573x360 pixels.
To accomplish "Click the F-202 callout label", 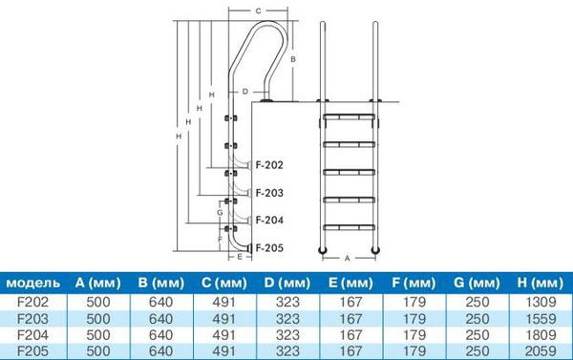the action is tap(269, 165).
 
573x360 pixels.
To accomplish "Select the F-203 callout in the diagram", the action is tap(269, 193).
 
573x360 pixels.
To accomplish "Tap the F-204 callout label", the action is tap(269, 220).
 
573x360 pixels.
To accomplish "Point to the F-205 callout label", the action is tap(269, 247).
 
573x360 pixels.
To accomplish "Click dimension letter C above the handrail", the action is tap(259, 11).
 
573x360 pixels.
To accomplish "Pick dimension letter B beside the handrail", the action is tap(293, 59).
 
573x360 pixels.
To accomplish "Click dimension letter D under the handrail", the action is tap(245, 92).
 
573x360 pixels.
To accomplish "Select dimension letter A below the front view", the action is tap(348, 258).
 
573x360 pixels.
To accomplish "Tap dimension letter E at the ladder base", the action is tap(240, 257).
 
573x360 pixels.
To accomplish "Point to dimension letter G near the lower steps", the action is tap(220, 212).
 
